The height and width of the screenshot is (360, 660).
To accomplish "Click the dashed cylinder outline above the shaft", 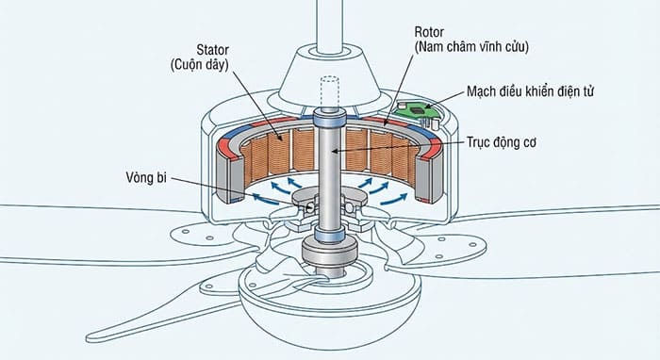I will tap(330, 92).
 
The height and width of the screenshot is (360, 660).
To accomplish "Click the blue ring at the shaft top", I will tap(330, 120).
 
